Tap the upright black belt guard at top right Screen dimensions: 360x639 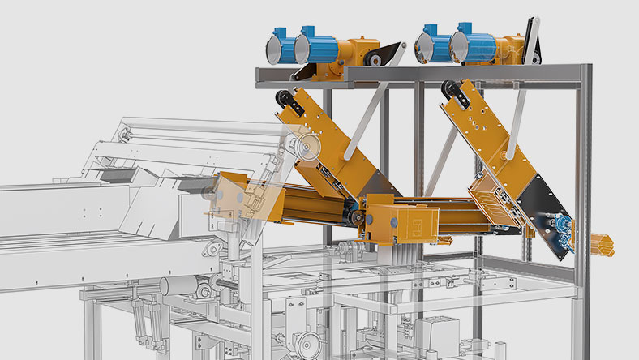pyautogui.click(x=530, y=36)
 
